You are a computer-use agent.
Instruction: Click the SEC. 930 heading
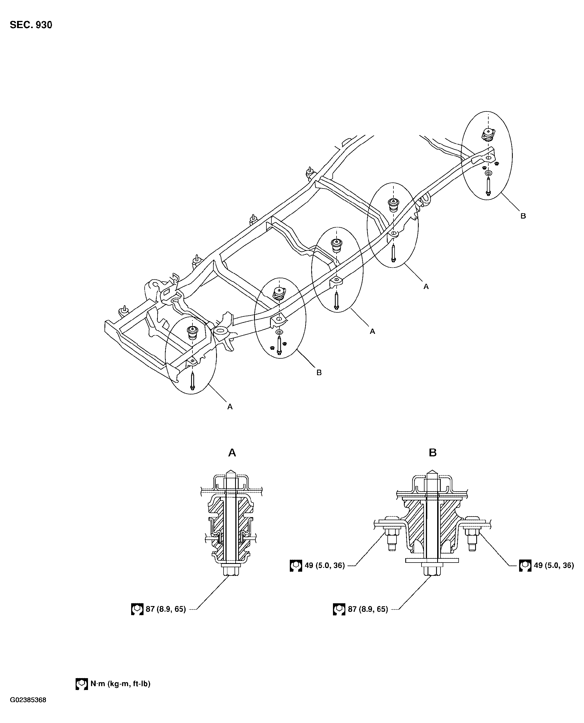point(31,25)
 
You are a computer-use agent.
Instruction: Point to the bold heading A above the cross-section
point(232,452)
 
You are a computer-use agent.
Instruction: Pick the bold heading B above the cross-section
point(433,452)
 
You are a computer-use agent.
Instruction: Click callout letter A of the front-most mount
point(230,407)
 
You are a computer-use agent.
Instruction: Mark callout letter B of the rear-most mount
point(523,216)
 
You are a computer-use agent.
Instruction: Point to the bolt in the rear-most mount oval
point(488,187)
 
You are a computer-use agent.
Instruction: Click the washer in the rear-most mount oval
point(488,173)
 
